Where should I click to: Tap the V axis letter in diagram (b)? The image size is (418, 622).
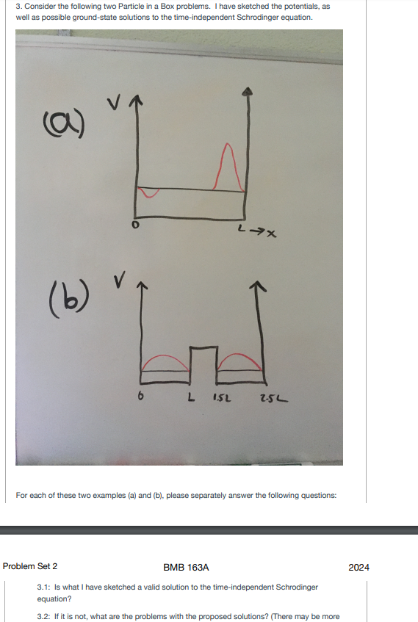pyautogui.click(x=118, y=282)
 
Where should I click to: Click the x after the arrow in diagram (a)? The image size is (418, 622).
pyautogui.click(x=271, y=234)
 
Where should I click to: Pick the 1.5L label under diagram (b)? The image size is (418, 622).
pyautogui.click(x=221, y=399)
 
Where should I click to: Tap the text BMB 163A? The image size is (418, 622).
pyautogui.click(x=187, y=567)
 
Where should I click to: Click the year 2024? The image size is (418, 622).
pyautogui.click(x=359, y=567)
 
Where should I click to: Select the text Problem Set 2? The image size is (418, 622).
pyautogui.click(x=30, y=567)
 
